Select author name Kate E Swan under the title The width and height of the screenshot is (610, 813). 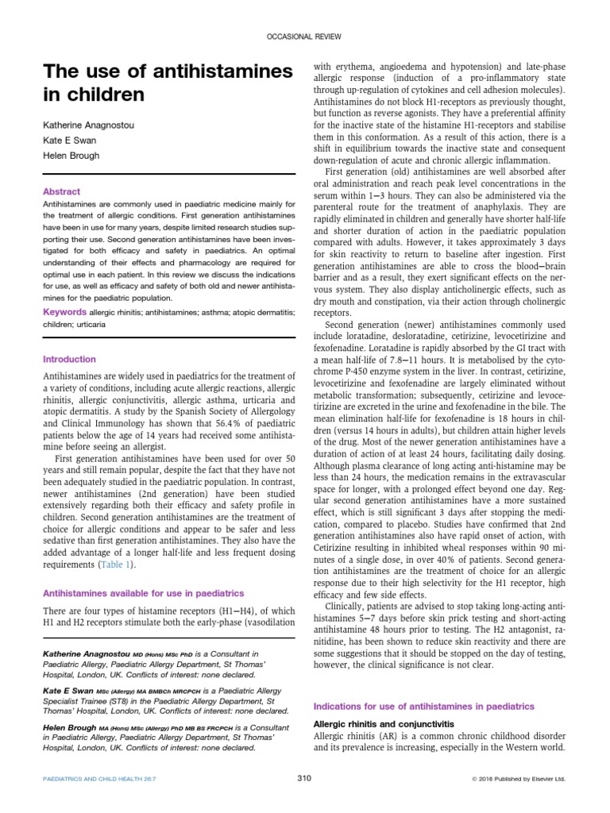coord(69,140)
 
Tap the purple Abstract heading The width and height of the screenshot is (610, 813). coord(61,191)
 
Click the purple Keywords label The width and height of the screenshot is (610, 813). coord(65,311)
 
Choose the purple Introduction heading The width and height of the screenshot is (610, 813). coord(69,359)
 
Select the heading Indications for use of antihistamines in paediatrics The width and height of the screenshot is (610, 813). coord(424,706)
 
